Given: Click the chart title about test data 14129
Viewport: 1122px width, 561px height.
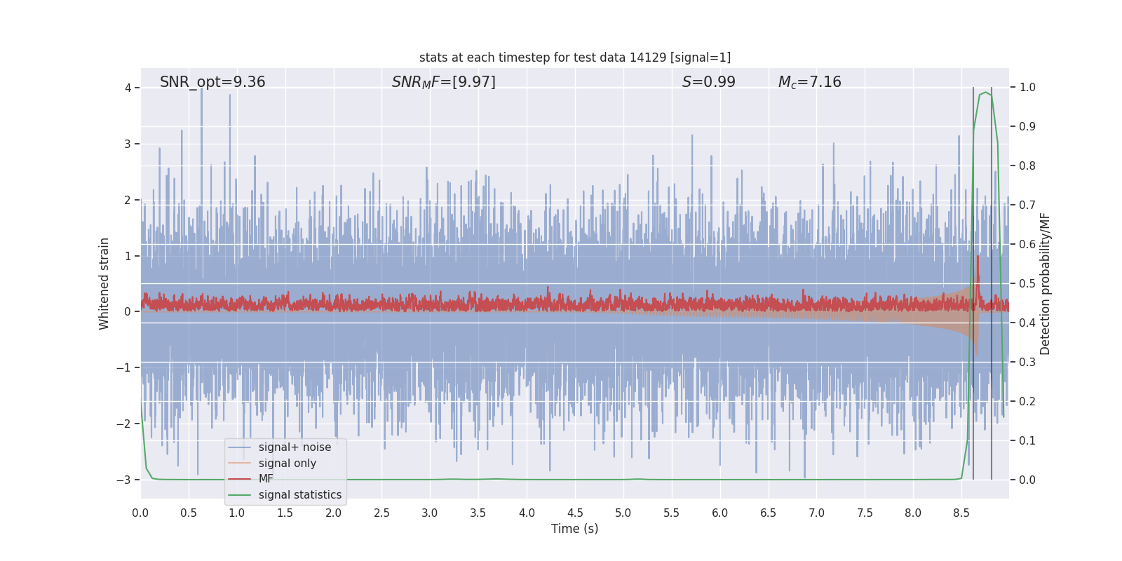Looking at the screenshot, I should pyautogui.click(x=575, y=58).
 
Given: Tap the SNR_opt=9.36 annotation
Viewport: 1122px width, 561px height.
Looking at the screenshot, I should pyautogui.click(x=212, y=82).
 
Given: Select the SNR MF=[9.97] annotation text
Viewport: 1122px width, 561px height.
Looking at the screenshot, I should pyautogui.click(x=443, y=82).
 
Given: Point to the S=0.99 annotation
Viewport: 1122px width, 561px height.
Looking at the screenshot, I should pyautogui.click(x=708, y=82).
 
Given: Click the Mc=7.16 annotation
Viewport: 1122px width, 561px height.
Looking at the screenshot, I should pyautogui.click(x=809, y=82).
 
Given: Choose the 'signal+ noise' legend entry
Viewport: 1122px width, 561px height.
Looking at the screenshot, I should pyautogui.click(x=295, y=447).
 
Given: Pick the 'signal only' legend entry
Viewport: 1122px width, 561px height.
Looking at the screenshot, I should pyautogui.click(x=287, y=464).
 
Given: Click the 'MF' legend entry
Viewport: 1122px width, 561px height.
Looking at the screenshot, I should pyautogui.click(x=266, y=479).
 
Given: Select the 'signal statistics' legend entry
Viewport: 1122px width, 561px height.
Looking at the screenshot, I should pyautogui.click(x=299, y=495).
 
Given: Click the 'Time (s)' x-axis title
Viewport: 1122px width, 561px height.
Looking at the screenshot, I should pyautogui.click(x=574, y=529).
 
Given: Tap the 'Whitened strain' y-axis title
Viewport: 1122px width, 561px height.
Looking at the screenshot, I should pyautogui.click(x=104, y=283).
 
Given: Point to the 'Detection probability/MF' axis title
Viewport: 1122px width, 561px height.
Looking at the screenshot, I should pyautogui.click(x=1045, y=283).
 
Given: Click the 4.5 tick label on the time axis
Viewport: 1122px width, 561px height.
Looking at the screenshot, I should pyautogui.click(x=575, y=513).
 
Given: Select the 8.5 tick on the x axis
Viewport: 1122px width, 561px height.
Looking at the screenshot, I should pyautogui.click(x=961, y=513).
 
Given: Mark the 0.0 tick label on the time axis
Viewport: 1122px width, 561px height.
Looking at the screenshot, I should pyautogui.click(x=140, y=513).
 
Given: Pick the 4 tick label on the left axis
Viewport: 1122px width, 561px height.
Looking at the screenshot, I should pyautogui.click(x=128, y=88).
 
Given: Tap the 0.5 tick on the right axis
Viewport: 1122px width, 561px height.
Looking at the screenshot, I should pyautogui.click(x=1027, y=283).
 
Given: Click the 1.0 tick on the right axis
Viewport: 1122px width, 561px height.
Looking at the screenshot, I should pyautogui.click(x=1027, y=88).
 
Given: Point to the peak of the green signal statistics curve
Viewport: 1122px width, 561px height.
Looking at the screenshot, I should pyautogui.click(x=985, y=93).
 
